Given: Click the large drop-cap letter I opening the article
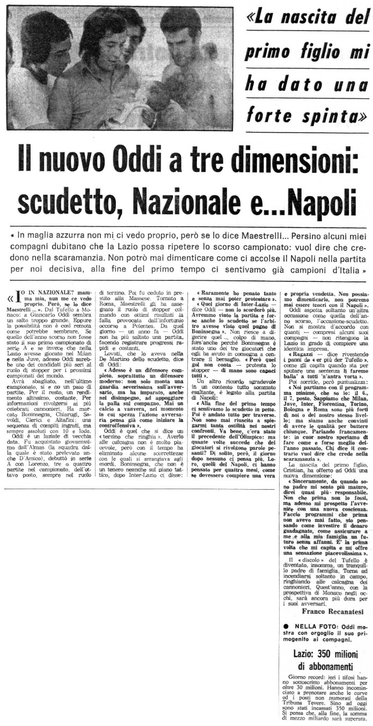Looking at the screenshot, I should (x=18, y=295).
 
